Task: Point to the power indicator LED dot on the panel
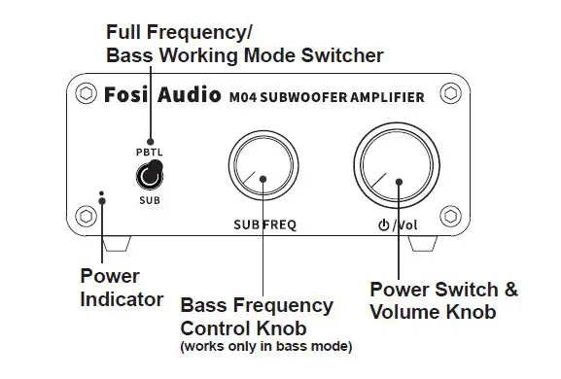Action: pos(103,195)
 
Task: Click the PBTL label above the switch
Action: pos(149,153)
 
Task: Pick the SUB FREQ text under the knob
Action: pos(264,224)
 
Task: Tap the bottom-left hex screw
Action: pos(85,214)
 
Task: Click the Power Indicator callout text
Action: pos(121,289)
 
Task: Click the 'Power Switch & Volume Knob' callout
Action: pos(444,301)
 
